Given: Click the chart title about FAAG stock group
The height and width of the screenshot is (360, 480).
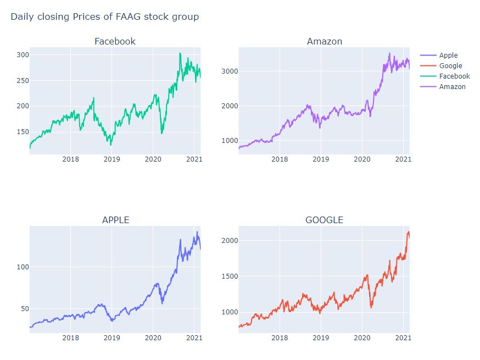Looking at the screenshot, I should [x=104, y=17].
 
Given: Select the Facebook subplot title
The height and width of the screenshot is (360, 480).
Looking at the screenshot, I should [x=115, y=41].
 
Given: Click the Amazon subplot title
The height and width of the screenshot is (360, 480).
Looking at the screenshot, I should [x=324, y=41].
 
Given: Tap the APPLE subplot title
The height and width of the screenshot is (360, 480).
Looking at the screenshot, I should [x=115, y=220].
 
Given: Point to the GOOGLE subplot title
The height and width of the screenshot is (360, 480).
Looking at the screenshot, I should [x=324, y=220].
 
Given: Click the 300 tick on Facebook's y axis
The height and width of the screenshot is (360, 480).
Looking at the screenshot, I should [x=22, y=55].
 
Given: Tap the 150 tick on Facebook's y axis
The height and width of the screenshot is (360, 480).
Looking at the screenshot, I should [x=22, y=132].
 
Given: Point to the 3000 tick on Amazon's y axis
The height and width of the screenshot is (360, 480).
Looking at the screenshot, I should [x=228, y=71].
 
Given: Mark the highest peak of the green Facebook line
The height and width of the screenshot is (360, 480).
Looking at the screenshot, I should [x=180, y=53].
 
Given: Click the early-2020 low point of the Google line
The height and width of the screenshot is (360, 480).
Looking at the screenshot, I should [x=371, y=307].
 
